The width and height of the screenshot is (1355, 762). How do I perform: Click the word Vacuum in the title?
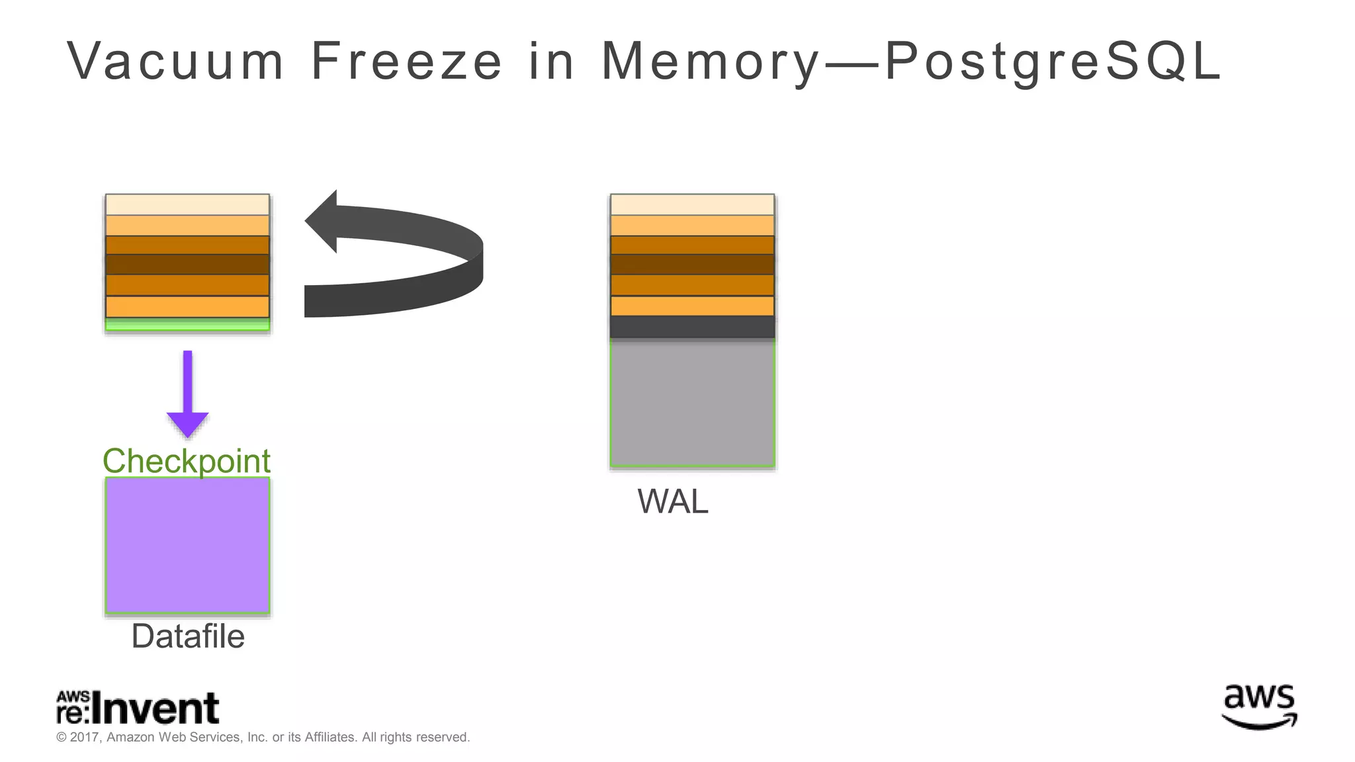[x=175, y=61]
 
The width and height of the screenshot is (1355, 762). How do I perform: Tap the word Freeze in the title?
[x=406, y=61]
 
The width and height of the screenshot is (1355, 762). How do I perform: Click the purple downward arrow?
[x=187, y=397]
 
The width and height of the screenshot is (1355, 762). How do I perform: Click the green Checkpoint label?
[x=187, y=461]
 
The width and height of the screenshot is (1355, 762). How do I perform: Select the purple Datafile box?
[x=187, y=545]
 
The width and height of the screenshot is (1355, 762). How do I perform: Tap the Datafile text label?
[x=188, y=636]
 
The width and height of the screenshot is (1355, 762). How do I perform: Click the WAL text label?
[x=672, y=501]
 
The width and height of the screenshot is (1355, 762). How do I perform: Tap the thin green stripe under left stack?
[x=187, y=324]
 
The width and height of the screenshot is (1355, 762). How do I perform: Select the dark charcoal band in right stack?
[x=692, y=327]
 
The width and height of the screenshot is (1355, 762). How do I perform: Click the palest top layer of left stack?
[x=187, y=204]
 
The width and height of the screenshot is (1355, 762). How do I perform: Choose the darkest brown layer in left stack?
[x=187, y=265]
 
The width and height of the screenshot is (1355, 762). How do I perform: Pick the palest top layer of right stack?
[x=692, y=204]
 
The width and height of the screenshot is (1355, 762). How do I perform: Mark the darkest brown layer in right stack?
[x=692, y=265]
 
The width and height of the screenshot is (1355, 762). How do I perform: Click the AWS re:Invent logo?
[x=138, y=708]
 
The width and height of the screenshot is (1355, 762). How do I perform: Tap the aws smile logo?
[x=1258, y=706]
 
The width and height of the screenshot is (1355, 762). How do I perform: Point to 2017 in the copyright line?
[x=85, y=738]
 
